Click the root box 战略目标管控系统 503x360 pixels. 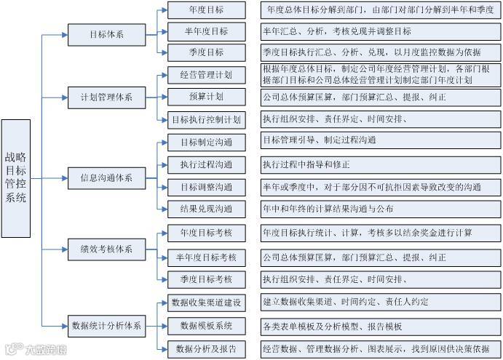[x=16, y=178]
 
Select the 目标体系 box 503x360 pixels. [x=106, y=33]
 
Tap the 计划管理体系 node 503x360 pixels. [x=106, y=97]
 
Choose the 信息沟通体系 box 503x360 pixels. [x=106, y=177]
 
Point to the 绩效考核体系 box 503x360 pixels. [x=106, y=249]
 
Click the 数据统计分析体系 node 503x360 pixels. [x=106, y=325]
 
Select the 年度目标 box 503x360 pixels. [x=206, y=10]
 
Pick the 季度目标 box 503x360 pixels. [x=206, y=52]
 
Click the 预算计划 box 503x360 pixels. [x=206, y=97]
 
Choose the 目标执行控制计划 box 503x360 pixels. [x=206, y=119]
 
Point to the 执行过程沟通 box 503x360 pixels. [x=206, y=164]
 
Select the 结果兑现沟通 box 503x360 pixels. [x=206, y=209]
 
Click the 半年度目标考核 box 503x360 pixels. [x=206, y=257]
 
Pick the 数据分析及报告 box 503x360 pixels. [x=206, y=349]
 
